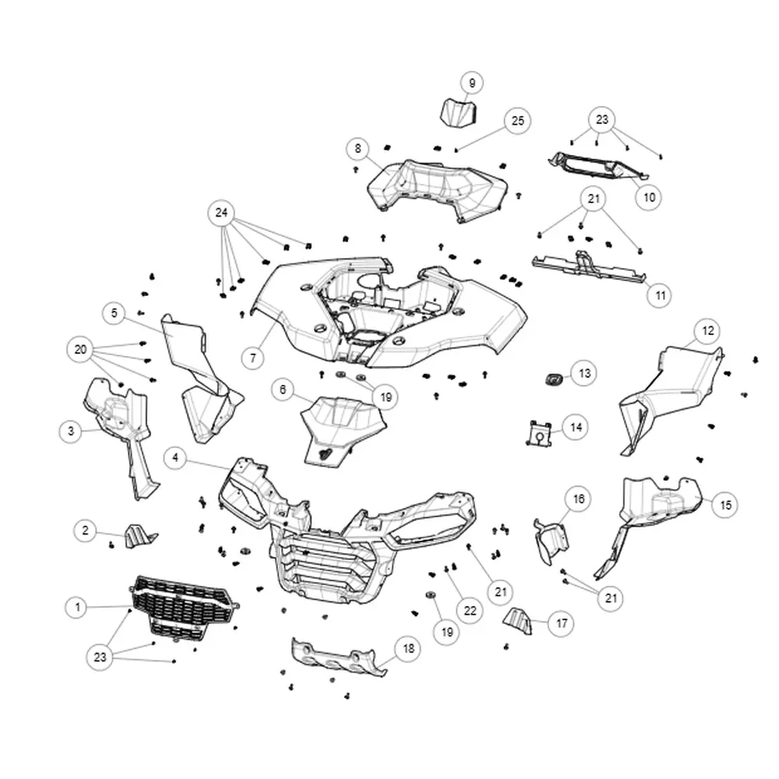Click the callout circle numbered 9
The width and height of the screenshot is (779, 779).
coord(471,83)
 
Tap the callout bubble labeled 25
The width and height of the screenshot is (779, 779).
coord(517,121)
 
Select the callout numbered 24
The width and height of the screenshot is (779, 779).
coord(221,213)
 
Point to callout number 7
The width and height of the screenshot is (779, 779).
coord(253,358)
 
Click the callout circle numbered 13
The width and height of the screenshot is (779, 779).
coord(584,373)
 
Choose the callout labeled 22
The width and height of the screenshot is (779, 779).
coord(470,611)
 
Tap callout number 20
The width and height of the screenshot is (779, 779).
coord(80,350)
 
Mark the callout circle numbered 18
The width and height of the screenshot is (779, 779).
coord(408,648)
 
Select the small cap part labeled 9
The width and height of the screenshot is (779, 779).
coord(459,111)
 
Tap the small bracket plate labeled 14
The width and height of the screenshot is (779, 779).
coord(539,432)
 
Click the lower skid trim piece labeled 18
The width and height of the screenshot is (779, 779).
coord(339,657)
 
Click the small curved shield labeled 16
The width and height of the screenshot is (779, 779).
coord(552,541)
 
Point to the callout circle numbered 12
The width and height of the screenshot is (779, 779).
coord(707,331)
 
